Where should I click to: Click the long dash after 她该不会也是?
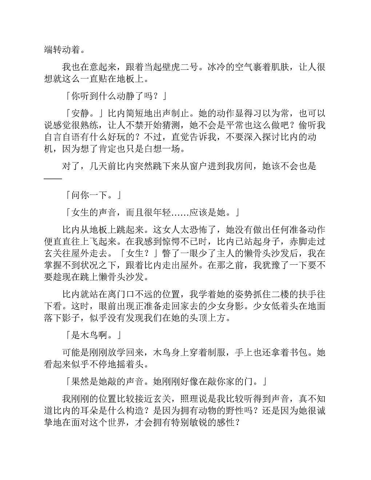point(53,178)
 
